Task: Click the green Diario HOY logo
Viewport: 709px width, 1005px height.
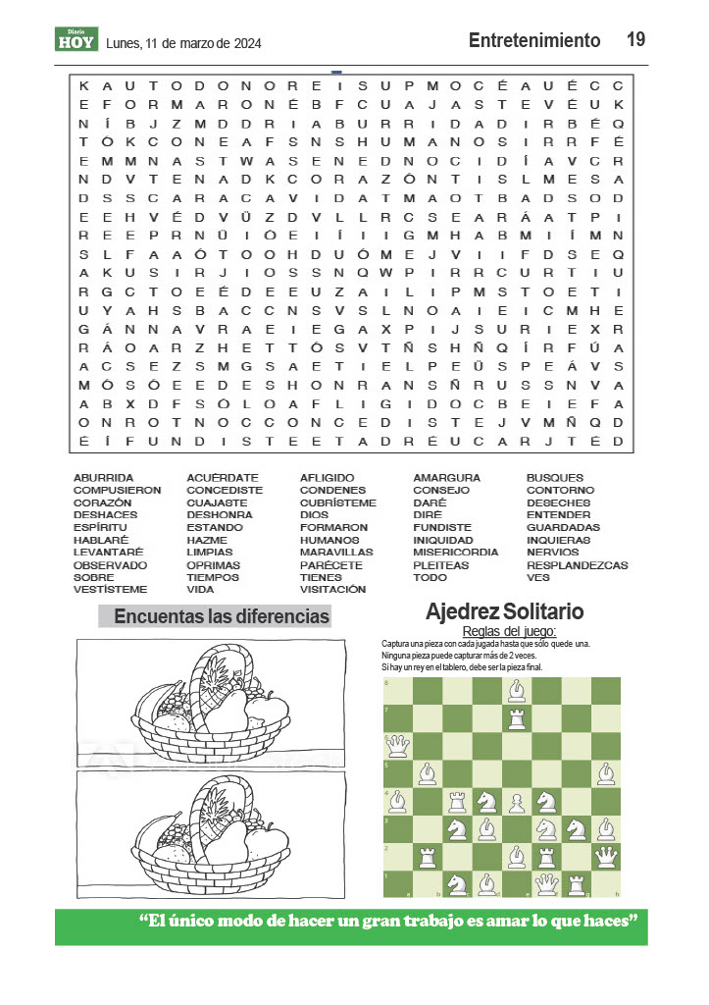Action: [x=76, y=39]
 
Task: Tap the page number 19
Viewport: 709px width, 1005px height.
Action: [x=635, y=39]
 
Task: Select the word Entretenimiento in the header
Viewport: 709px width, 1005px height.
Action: [x=534, y=40]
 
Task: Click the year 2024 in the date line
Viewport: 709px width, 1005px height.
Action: [x=245, y=43]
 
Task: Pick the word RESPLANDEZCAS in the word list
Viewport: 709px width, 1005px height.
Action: [x=577, y=565]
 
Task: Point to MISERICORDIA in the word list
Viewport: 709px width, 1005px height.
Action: [x=455, y=553]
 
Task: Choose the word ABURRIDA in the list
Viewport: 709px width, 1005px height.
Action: [x=103, y=478]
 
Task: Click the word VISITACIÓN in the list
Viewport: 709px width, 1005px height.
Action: [x=332, y=590]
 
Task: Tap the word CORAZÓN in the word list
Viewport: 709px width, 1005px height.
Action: [x=102, y=502]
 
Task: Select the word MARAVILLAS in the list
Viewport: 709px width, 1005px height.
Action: [x=336, y=553]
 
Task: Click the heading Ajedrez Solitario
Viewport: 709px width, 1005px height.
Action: [x=504, y=612]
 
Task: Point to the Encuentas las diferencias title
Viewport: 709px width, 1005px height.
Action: [x=222, y=616]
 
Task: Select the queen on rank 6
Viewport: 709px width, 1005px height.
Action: [x=397, y=746]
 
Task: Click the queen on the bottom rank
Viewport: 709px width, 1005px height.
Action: [x=547, y=883]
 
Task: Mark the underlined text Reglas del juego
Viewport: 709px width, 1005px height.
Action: [x=509, y=631]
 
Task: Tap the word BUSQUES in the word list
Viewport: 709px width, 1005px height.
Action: [x=554, y=478]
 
